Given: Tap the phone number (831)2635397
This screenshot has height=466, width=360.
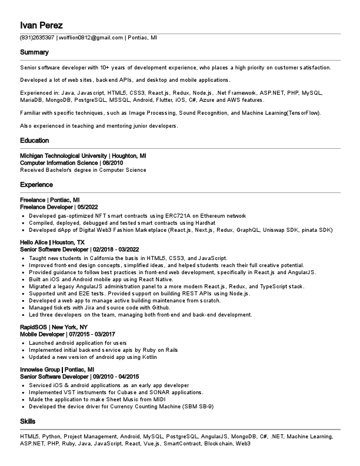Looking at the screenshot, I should click(37, 38).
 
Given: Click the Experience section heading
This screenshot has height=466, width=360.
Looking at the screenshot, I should click(36, 185).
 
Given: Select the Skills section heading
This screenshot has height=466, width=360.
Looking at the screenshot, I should click(28, 422).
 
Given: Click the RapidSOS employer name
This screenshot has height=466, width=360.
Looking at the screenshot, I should click(34, 327).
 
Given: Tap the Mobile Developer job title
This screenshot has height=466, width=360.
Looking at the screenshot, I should click(43, 334).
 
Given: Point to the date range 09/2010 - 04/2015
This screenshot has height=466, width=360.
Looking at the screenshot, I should click(116, 377).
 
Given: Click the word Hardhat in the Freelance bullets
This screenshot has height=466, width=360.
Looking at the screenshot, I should click(206, 224).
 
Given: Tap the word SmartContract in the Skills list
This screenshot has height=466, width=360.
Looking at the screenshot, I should click(182, 443).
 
